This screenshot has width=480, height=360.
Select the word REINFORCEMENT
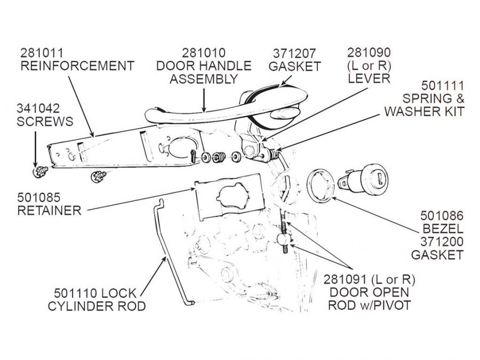77,66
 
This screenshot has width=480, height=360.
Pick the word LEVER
369,78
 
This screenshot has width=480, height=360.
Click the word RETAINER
49,210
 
